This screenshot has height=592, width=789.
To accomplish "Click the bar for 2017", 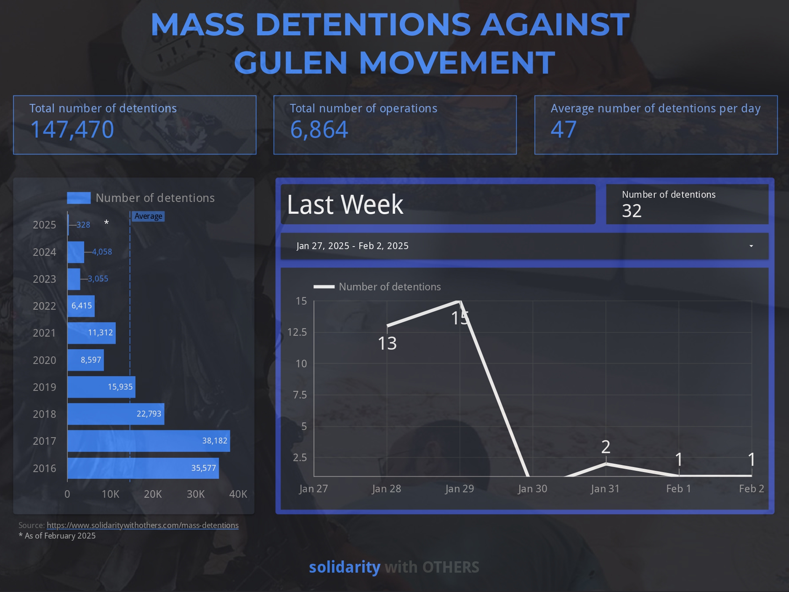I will click(149, 441).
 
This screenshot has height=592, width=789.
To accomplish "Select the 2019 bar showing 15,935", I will click(101, 387).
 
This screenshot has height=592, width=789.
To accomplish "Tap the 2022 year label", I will click(44, 306).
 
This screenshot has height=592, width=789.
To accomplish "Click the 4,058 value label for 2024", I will click(102, 252).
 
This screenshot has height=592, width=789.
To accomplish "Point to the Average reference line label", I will click(149, 216).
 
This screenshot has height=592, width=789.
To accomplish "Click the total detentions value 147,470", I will click(72, 129).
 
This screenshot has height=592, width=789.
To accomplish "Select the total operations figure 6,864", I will click(319, 129).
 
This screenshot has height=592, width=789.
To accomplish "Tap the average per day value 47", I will click(563, 129).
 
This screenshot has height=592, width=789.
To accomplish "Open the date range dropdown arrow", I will click(751, 246).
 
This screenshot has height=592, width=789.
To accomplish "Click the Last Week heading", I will click(345, 205).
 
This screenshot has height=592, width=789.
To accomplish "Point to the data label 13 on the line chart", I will click(387, 343).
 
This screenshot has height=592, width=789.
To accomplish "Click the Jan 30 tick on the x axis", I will click(532, 488).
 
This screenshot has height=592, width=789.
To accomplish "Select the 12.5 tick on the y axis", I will click(297, 332).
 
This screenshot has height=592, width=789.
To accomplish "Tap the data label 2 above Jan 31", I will click(606, 447).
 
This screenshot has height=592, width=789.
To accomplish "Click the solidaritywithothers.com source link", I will click(143, 525).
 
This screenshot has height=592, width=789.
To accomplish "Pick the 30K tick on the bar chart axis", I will click(196, 494).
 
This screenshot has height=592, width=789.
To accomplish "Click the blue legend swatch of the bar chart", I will click(79, 198).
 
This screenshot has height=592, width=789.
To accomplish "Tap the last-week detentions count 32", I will click(632, 211).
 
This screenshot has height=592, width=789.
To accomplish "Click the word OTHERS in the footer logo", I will click(451, 567).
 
